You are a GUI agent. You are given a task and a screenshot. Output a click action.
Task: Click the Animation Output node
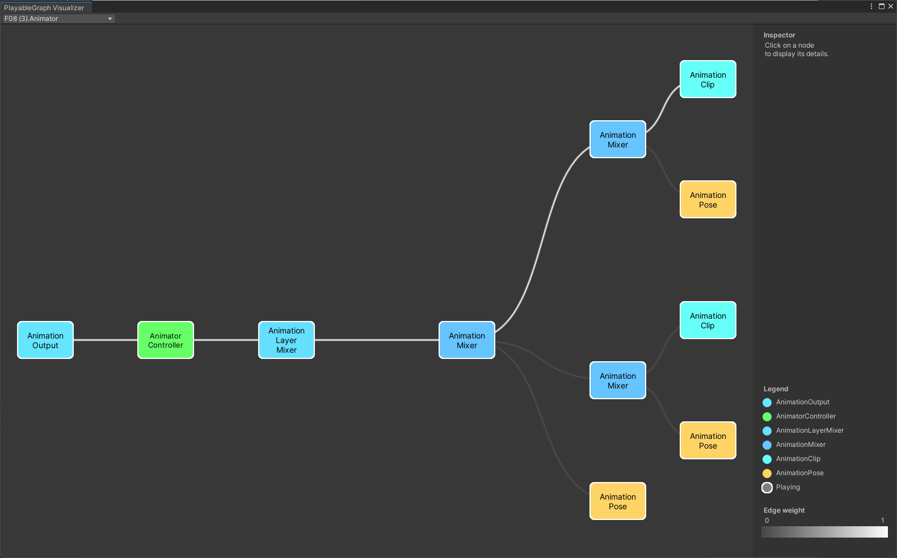click(x=45, y=340)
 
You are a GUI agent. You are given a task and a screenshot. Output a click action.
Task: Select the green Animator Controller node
click(x=166, y=340)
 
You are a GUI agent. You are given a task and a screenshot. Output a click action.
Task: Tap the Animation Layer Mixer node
click(x=287, y=340)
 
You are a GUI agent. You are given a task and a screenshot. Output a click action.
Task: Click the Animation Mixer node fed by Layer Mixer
click(x=467, y=340)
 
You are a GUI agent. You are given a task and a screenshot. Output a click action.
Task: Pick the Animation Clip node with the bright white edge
click(x=708, y=79)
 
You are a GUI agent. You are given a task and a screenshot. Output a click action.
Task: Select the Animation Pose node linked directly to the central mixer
click(x=618, y=501)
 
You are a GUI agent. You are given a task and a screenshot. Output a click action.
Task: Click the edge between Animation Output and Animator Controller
click(x=106, y=340)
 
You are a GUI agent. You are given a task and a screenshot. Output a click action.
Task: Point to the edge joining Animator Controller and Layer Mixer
click(x=226, y=340)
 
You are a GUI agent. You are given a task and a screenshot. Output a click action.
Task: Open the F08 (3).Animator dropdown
click(x=58, y=19)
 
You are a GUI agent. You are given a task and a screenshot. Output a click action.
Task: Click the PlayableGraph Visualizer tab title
click(x=44, y=8)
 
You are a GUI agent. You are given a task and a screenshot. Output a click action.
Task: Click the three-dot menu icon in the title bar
click(x=871, y=6)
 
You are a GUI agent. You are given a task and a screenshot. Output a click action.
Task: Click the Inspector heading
click(x=779, y=35)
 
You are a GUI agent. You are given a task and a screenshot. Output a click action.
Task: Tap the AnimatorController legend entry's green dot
click(x=767, y=417)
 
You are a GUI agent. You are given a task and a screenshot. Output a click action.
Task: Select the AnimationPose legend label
click(x=799, y=473)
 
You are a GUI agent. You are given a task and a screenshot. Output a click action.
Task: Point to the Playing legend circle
click(x=767, y=488)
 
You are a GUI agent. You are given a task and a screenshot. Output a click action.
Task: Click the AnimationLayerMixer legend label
click(x=810, y=430)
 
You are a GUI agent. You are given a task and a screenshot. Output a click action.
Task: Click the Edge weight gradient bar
click(x=824, y=532)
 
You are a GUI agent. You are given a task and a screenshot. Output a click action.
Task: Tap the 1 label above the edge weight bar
click(x=882, y=521)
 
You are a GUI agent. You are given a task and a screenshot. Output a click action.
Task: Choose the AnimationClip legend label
click(x=798, y=459)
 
